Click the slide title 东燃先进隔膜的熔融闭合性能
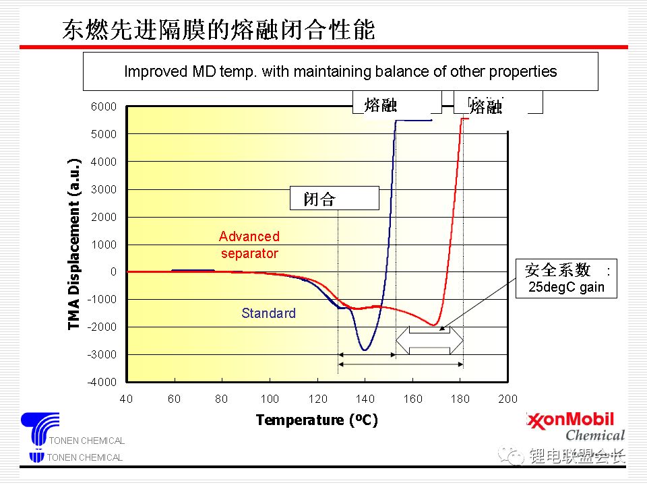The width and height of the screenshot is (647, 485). click(218, 30)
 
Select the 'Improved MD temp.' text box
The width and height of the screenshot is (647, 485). click(340, 71)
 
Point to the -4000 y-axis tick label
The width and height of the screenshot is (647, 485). click(102, 382)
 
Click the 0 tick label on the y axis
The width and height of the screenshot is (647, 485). click(113, 271)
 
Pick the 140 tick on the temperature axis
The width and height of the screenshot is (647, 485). click(365, 398)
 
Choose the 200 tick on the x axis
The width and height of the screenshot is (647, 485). click(507, 398)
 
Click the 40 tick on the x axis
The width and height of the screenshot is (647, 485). click(126, 398)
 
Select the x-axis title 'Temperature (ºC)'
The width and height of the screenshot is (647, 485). click(317, 420)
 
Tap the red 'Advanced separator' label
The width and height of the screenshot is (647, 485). click(249, 245)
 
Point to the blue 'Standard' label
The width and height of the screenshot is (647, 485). click(268, 313)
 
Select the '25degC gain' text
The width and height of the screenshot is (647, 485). click(566, 288)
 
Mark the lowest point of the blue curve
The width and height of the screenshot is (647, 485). click(365, 350)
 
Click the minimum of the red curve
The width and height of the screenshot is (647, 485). click(435, 325)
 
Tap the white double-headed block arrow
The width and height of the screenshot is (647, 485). click(429, 339)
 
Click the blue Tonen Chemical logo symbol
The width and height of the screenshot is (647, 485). click(40, 430)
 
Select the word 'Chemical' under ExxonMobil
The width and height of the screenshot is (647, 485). click(595, 435)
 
